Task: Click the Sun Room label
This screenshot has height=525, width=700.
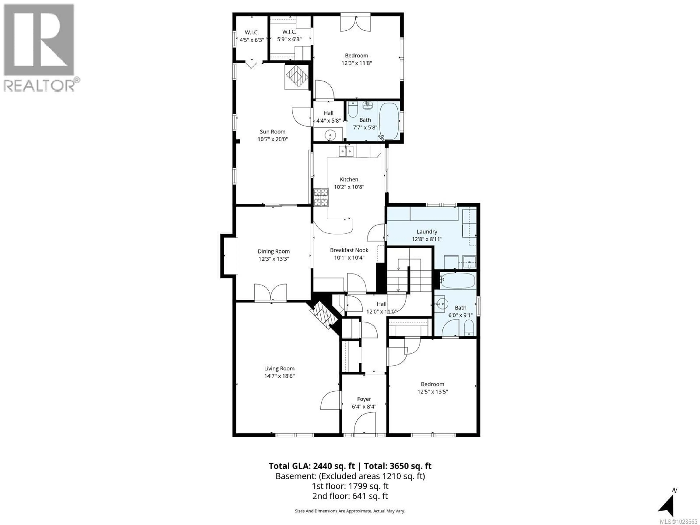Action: click(273, 132)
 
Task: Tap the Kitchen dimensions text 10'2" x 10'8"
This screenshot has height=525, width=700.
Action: click(349, 187)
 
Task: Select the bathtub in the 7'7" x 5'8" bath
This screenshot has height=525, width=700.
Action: click(389, 121)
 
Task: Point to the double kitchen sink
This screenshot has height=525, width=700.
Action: click(346, 151)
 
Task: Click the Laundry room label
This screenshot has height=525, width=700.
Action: click(427, 232)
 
